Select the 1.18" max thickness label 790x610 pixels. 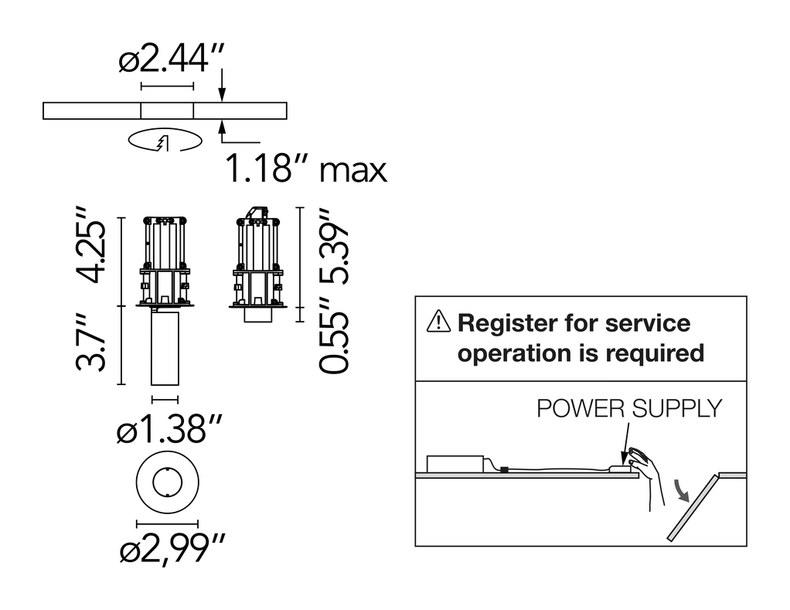click(306, 169)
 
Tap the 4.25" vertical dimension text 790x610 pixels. click(91, 245)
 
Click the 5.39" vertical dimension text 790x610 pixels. click(333, 246)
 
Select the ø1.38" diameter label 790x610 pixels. click(169, 428)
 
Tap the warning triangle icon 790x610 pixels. click(438, 322)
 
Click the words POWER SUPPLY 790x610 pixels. click(629, 408)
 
